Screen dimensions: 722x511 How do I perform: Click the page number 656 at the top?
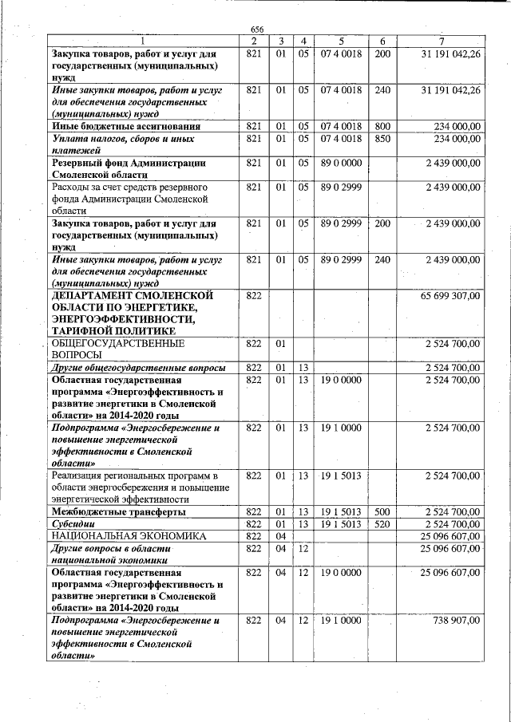256,30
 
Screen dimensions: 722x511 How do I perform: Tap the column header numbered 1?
142,41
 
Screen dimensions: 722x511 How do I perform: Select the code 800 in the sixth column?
382,126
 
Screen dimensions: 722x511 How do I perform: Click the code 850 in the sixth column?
382,139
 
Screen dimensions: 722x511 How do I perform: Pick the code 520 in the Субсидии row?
382,524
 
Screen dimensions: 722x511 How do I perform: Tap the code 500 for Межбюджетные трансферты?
382,511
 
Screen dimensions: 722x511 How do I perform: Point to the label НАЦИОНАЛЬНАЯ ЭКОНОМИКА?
128,537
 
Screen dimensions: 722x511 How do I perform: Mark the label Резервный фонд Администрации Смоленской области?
128,168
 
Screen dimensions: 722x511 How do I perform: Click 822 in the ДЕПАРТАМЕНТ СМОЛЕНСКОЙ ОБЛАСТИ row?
255,296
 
